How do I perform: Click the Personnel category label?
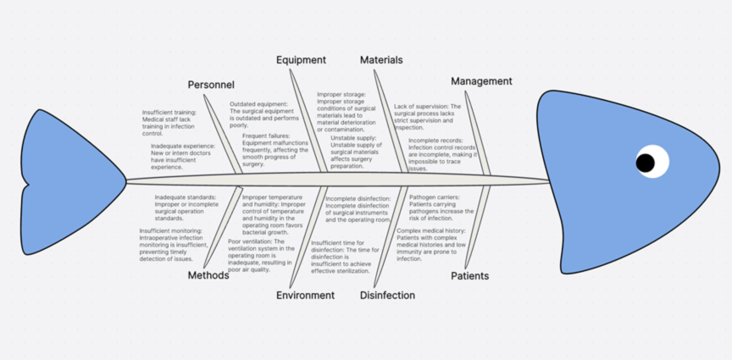coord(211,85)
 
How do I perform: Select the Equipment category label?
coord(301,60)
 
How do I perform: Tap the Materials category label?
coord(381,60)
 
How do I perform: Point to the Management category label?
coord(481,81)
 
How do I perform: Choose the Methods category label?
coord(208,275)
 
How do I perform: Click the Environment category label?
coord(305,296)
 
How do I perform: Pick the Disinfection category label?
coord(387,296)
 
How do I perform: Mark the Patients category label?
coord(469,276)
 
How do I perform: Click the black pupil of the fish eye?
coord(646,162)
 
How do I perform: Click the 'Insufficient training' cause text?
coord(169,123)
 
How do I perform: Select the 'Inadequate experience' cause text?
coord(182,157)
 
